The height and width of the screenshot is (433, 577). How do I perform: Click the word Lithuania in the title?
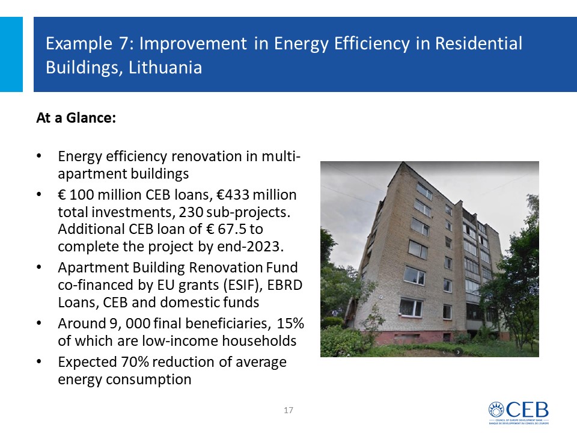165,67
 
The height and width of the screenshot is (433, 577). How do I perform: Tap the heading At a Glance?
76,118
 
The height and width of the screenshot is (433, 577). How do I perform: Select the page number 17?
288,410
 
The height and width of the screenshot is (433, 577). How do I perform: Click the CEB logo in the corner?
519,413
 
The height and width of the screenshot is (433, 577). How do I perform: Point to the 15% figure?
290,324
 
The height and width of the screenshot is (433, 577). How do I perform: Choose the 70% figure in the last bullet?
135,362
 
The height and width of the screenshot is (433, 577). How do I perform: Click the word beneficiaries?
226,324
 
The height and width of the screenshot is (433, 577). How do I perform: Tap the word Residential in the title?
478,43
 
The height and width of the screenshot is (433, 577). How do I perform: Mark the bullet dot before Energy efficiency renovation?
38,156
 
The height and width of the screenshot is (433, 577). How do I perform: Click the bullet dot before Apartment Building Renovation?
38,267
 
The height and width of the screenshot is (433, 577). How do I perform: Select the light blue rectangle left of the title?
11,54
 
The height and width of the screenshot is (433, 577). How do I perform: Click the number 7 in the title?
123,43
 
